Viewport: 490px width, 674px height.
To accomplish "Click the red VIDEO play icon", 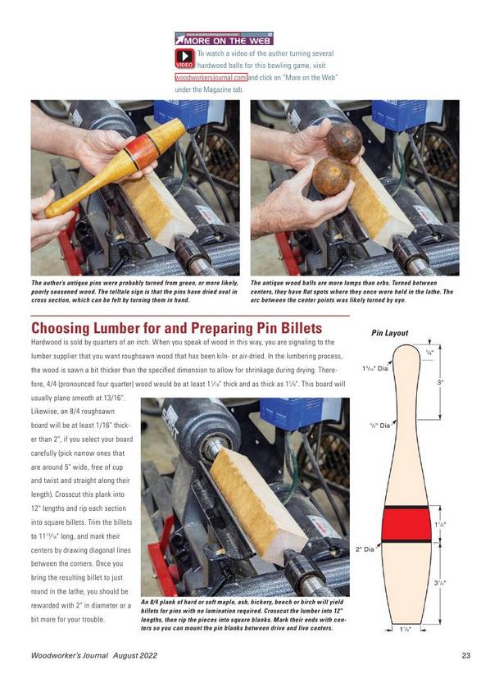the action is pos(184,58).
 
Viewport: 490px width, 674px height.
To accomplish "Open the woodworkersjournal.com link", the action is pos(211,78).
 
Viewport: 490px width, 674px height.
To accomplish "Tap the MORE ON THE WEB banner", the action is pos(224,39).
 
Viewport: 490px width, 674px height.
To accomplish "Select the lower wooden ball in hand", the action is pos(331,176).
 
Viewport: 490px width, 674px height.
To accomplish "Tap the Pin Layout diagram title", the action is pos(389,333).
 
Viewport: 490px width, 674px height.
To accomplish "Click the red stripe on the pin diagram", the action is pos(406,525).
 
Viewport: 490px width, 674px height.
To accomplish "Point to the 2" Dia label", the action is pos(365,549).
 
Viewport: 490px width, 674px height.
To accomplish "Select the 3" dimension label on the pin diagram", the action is pos(440,382).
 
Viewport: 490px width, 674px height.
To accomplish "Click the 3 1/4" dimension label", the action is pos(440,583).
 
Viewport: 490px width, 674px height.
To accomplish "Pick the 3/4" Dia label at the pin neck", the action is pos(380,426).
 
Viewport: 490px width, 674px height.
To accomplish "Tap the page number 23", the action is pos(466,655).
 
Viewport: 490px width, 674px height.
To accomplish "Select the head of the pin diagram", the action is pos(405,357).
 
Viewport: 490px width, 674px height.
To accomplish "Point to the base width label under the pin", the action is pos(406,630).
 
